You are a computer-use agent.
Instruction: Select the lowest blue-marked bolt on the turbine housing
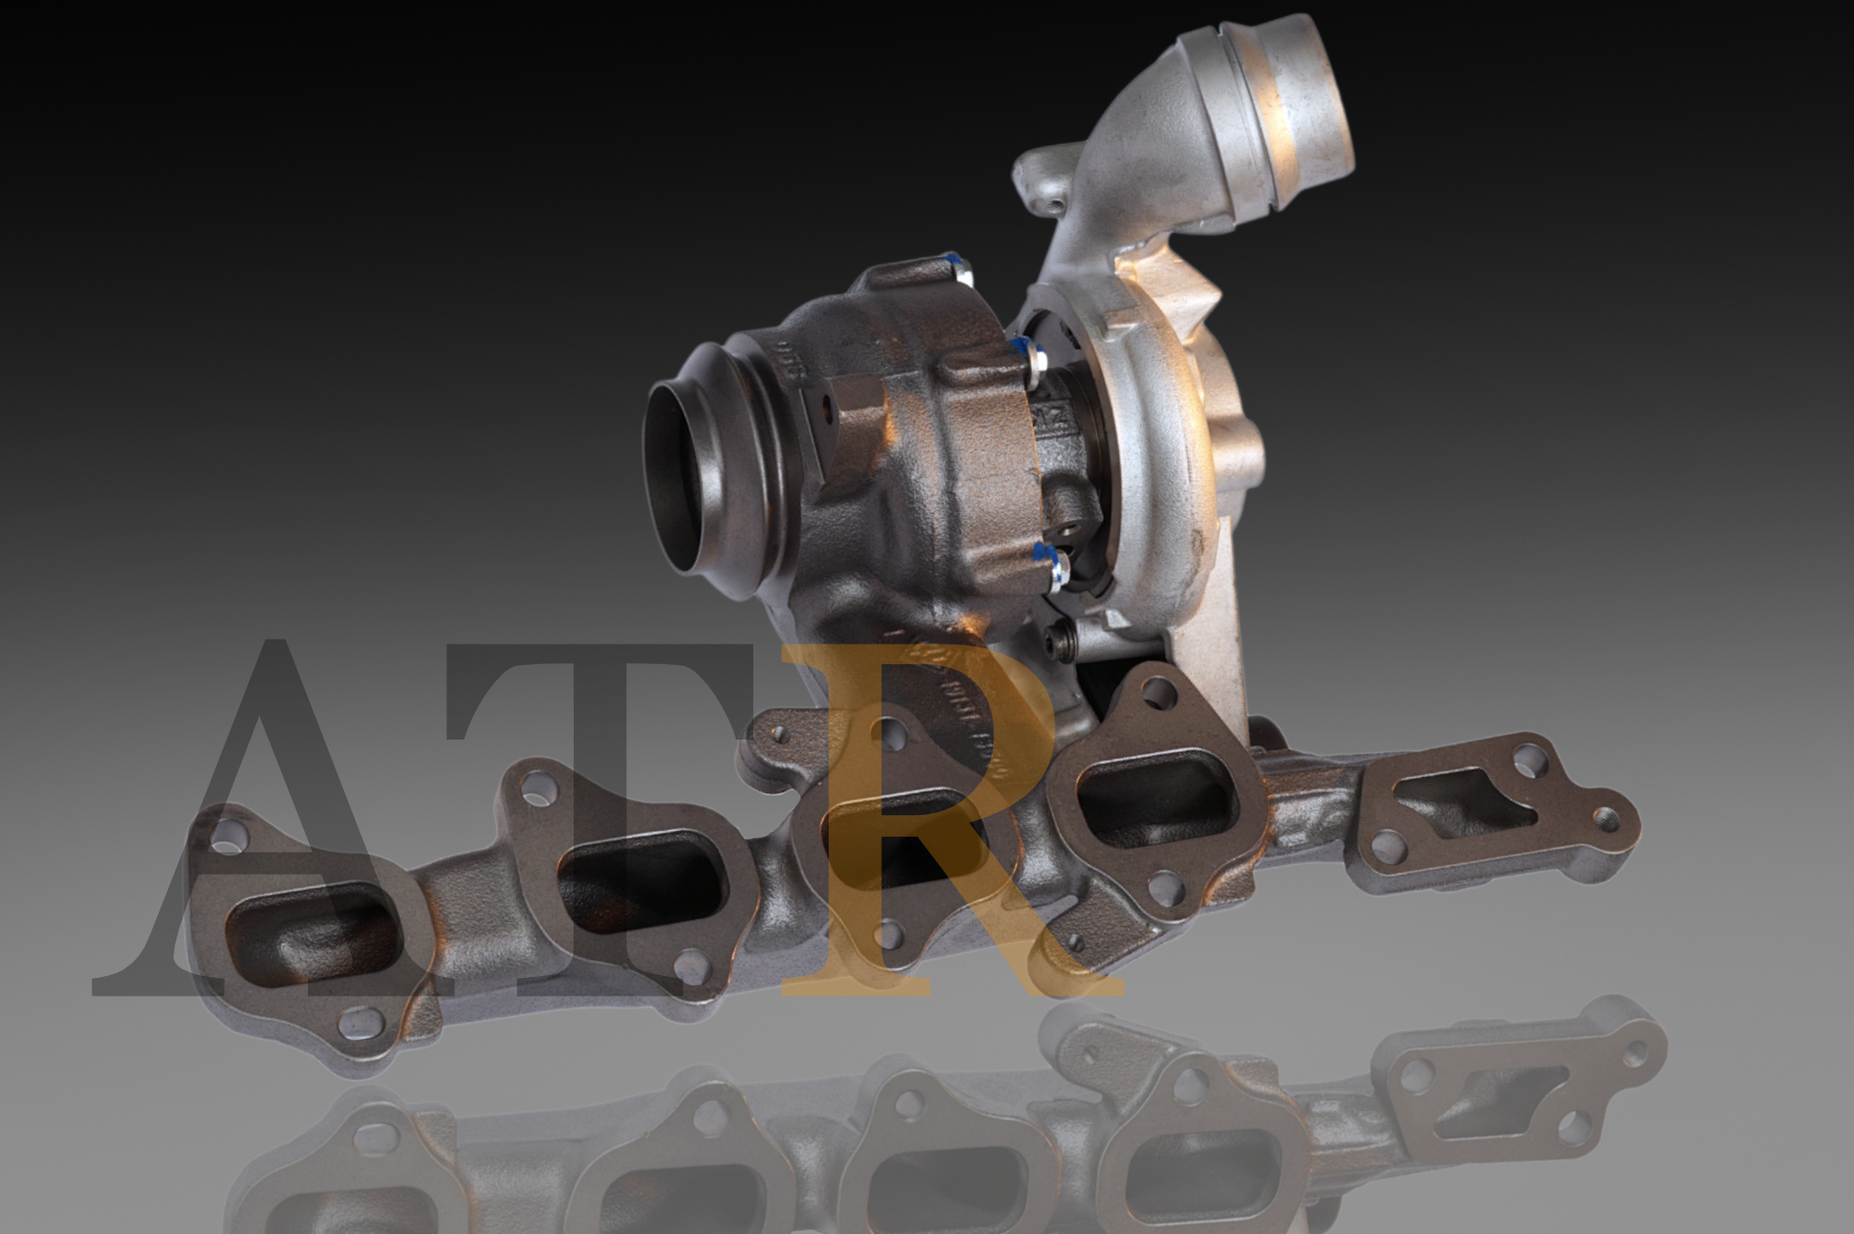click(x=1055, y=564)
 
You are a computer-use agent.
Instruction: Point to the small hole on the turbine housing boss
click(x=826, y=410)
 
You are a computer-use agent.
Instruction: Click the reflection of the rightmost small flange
click(x=1471, y=1089)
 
